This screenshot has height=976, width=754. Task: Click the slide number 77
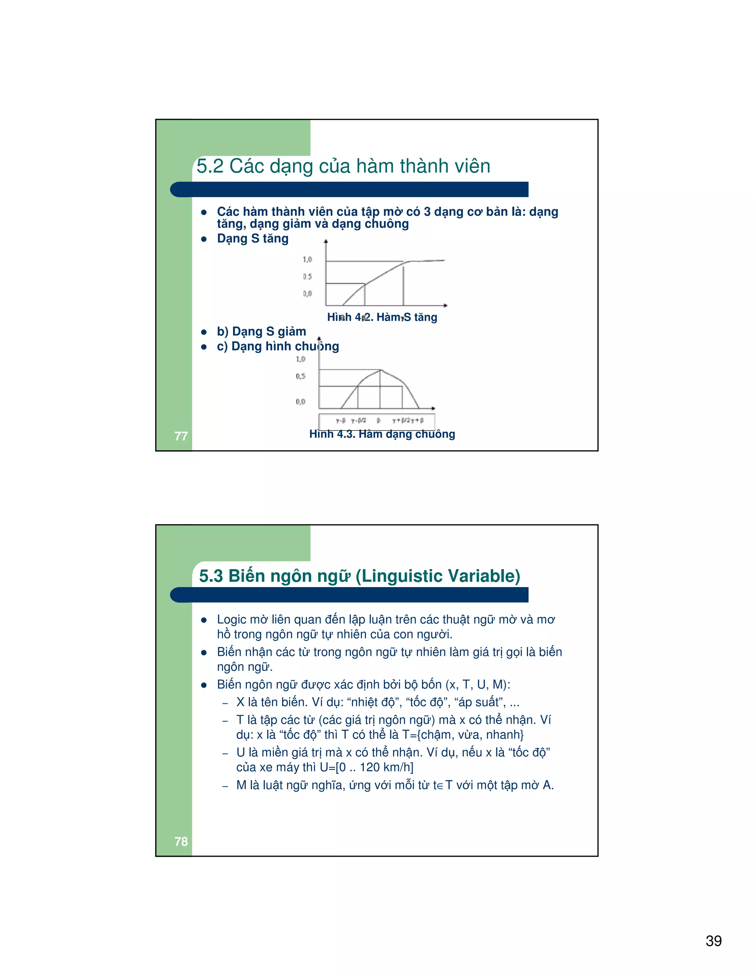(181, 436)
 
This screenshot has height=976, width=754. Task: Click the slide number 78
(181, 841)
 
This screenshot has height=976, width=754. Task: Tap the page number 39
(714, 941)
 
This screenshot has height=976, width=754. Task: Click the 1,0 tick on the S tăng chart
(307, 259)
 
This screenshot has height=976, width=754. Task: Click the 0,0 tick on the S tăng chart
(307, 294)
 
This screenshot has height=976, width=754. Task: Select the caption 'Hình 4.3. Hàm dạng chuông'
(382, 434)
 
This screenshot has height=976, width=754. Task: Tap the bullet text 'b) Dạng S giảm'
(261, 331)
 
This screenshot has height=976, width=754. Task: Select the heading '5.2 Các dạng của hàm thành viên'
(343, 166)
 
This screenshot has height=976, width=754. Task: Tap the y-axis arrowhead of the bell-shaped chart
(319, 338)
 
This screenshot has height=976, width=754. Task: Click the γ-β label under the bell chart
(341, 421)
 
